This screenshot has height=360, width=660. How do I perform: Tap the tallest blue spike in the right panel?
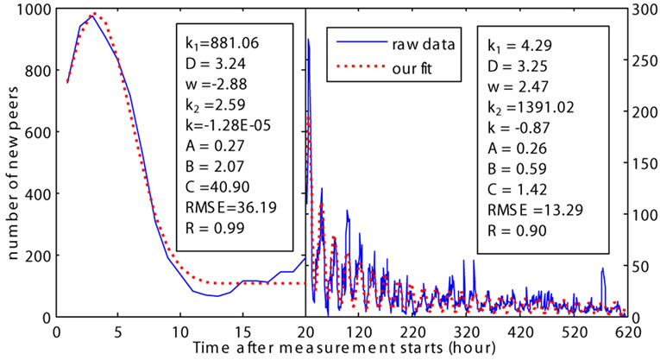coord(309,38)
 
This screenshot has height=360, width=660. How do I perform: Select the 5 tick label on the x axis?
coord(117,332)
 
